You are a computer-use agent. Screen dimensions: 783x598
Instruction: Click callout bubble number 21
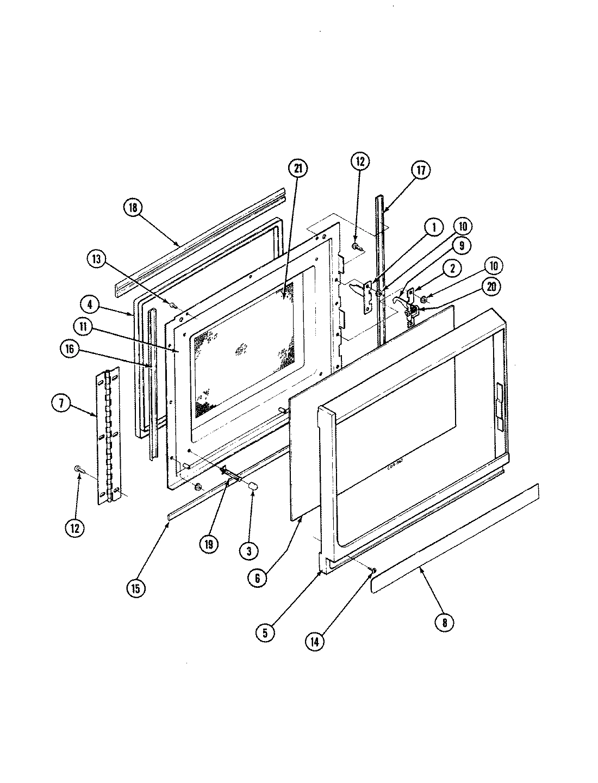(298, 169)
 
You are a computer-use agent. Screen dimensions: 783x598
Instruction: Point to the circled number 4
(91, 303)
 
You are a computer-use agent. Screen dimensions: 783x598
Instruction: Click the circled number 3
(248, 551)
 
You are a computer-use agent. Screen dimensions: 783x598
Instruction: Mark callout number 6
(257, 578)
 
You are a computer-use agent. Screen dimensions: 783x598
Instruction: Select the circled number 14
(315, 641)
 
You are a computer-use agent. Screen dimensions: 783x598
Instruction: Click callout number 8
(444, 623)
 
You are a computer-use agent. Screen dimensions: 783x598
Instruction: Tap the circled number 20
(491, 288)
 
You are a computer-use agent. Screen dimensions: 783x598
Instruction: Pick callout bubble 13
(99, 259)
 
